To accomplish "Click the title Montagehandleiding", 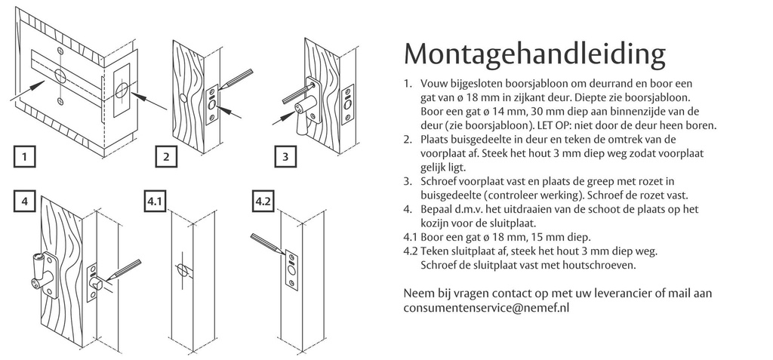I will point(535,54).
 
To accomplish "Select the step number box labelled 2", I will point(165,158).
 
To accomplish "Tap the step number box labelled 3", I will point(285,158).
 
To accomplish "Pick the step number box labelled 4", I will point(25,202).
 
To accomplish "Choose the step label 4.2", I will point(263,202).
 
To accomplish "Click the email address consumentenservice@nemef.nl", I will point(485,308).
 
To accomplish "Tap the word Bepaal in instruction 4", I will point(436,209).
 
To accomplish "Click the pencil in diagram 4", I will point(124,271).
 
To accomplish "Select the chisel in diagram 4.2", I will point(267,242).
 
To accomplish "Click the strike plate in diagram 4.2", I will point(292,267).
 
